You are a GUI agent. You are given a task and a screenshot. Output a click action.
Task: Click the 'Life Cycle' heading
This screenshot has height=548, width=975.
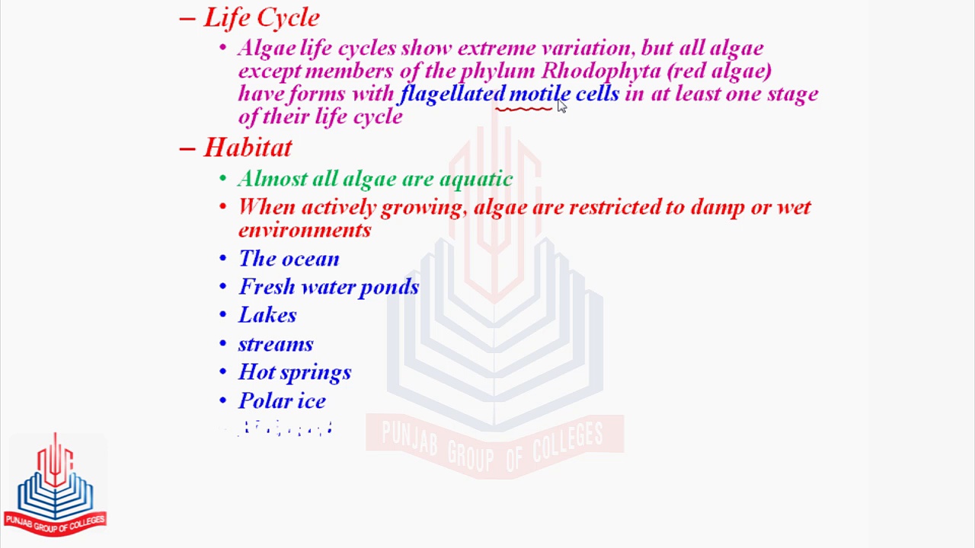tap(261, 18)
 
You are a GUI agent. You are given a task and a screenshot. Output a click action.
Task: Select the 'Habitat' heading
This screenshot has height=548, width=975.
tap(248, 147)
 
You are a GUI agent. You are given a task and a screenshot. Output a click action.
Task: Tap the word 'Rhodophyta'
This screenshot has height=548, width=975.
tap(600, 71)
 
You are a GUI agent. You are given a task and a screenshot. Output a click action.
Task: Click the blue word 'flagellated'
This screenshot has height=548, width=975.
tap(452, 94)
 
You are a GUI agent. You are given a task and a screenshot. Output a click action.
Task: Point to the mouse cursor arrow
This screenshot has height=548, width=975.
tap(561, 106)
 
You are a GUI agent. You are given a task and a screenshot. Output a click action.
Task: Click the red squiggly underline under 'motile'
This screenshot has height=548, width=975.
tap(524, 110)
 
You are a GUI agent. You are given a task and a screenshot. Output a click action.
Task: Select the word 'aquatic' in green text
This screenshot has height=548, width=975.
tap(476, 179)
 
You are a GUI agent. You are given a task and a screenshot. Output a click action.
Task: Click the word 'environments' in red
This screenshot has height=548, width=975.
tap(305, 230)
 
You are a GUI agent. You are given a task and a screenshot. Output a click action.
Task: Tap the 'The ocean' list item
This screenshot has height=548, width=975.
tap(289, 259)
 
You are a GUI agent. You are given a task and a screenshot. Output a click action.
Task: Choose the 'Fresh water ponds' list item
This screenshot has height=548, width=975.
tap(328, 287)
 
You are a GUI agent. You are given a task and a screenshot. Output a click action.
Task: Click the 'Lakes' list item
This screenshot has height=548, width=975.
tap(267, 315)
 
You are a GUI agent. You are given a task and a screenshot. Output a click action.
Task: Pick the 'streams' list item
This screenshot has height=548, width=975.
tap(276, 344)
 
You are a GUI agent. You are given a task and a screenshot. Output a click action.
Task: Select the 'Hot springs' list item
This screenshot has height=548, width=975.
tap(295, 372)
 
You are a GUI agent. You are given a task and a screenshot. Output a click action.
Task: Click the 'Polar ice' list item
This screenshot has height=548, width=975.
tap(282, 401)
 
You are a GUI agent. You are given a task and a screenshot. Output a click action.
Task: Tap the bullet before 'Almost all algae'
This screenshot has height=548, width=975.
tap(222, 179)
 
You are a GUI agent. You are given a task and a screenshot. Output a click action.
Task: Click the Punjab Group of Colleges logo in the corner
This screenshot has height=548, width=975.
tap(55, 484)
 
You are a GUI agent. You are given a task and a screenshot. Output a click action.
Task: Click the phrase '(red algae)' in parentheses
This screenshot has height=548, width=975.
tap(720, 71)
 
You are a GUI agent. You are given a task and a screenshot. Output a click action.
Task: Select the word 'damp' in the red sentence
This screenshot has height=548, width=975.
tap(717, 208)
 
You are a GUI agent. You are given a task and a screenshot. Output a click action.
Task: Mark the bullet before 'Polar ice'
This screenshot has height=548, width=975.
tap(222, 401)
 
